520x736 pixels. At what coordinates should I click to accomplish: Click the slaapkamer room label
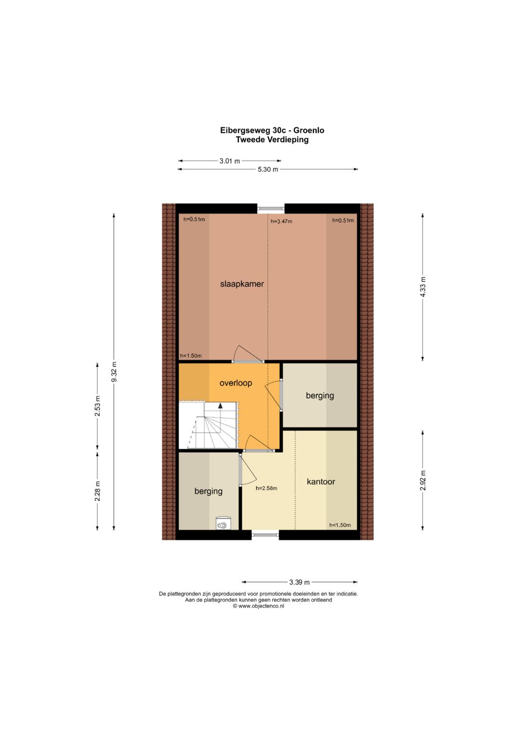[242, 284]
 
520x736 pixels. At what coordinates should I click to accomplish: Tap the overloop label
[236, 383]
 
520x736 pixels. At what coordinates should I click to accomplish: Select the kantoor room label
[321, 482]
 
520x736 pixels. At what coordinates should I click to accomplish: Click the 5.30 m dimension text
[268, 170]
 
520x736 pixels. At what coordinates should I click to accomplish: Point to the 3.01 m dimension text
[230, 161]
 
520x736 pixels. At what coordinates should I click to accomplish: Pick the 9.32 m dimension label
[114, 372]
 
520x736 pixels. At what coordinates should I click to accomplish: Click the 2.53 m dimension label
[97, 406]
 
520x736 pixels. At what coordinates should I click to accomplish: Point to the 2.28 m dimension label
[97, 491]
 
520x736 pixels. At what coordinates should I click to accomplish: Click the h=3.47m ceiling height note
[281, 221]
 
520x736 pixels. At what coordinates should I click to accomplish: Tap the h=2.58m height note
[266, 488]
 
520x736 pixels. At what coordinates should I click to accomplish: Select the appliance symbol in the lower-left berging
[223, 523]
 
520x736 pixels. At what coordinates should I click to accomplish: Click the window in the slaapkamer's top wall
[271, 208]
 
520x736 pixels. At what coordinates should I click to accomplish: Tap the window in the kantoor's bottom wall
[265, 535]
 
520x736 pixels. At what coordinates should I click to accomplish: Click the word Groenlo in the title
[311, 131]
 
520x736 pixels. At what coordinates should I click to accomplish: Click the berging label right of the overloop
[320, 395]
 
